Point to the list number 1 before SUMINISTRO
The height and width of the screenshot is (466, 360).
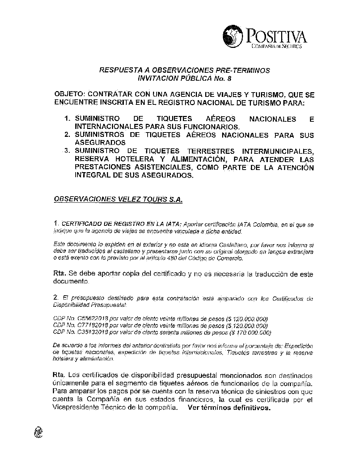(x=66, y=119)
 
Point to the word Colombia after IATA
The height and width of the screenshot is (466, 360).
(x=265, y=225)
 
